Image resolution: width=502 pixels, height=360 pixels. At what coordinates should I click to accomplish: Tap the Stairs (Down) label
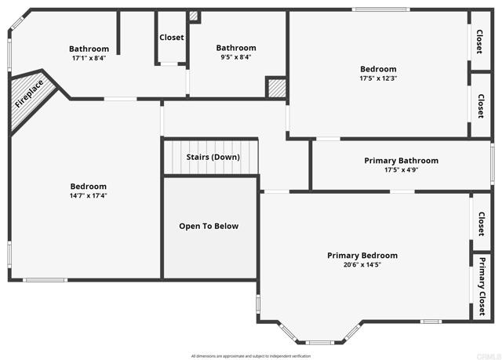(x=213, y=157)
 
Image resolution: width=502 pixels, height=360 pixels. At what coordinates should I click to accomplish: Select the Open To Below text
(x=209, y=226)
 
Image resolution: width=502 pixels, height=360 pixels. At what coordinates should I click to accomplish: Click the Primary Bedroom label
(x=362, y=256)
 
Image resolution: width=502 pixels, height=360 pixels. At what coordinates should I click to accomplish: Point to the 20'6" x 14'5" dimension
(x=362, y=265)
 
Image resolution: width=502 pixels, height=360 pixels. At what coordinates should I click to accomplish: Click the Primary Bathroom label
(x=401, y=161)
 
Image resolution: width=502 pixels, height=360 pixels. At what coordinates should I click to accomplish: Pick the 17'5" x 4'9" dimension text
(x=401, y=170)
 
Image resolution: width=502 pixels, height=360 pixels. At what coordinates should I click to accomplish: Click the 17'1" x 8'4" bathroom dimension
(x=89, y=58)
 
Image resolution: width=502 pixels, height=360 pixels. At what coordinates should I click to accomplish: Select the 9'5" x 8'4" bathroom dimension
(x=236, y=57)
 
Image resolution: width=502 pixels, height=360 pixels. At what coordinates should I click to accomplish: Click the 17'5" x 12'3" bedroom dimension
(x=378, y=78)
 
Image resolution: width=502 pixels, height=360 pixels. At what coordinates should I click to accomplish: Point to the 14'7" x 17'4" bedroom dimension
(x=89, y=196)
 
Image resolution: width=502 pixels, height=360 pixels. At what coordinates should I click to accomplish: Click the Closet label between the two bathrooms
(x=172, y=37)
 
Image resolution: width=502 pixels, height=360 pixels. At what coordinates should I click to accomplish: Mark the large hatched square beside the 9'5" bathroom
(x=276, y=87)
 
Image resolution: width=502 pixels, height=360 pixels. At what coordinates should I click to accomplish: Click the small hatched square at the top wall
(x=195, y=16)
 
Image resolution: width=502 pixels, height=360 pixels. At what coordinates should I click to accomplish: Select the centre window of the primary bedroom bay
(x=318, y=342)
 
